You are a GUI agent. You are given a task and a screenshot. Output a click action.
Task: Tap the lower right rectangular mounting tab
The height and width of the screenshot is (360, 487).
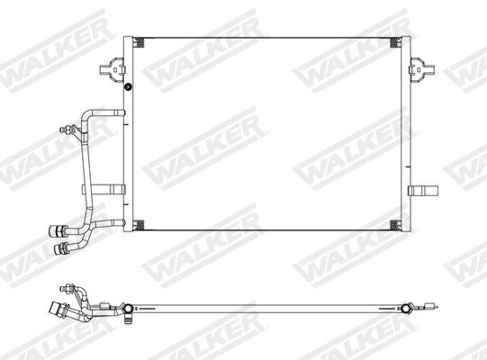[421, 190]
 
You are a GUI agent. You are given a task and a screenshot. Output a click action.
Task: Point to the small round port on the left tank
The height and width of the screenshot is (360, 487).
[129, 87]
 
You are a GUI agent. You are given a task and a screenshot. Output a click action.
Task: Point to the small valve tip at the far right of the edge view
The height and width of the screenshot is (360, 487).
[434, 305]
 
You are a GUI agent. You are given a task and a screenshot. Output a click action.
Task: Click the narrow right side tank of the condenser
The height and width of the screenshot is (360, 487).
[405, 135]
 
